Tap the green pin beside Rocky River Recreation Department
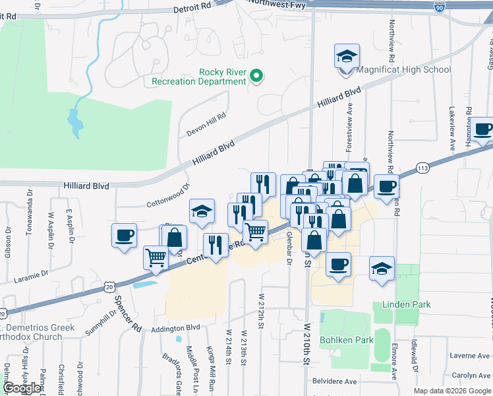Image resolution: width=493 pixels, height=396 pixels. click(x=258, y=78)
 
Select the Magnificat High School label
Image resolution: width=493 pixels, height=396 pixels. click(x=403, y=69)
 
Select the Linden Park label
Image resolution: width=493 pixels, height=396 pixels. click(x=406, y=304)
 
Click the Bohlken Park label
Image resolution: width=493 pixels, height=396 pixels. click(x=347, y=340)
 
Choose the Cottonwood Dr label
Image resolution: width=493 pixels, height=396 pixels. click(x=167, y=196)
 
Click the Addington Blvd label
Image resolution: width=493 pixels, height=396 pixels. click(x=175, y=327)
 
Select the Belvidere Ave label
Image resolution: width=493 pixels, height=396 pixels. click(x=333, y=381)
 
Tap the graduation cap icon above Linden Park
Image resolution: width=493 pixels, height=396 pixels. click(x=382, y=267)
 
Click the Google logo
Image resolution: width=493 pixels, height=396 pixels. click(x=22, y=388)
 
